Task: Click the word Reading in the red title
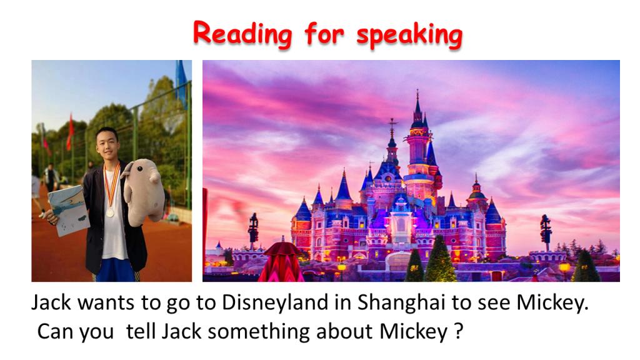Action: (x=242, y=34)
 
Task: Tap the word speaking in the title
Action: (x=409, y=35)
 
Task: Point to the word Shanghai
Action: (x=401, y=303)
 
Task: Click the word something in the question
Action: (x=259, y=331)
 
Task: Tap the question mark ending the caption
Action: (x=458, y=331)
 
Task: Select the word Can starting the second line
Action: (x=55, y=331)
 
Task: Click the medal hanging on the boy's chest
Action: (x=110, y=212)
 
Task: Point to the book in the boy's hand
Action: (x=68, y=210)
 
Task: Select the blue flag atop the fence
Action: (x=181, y=82)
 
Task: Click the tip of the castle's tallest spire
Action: (x=417, y=90)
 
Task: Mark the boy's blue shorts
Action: (x=116, y=270)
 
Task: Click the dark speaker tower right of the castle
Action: (x=545, y=231)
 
